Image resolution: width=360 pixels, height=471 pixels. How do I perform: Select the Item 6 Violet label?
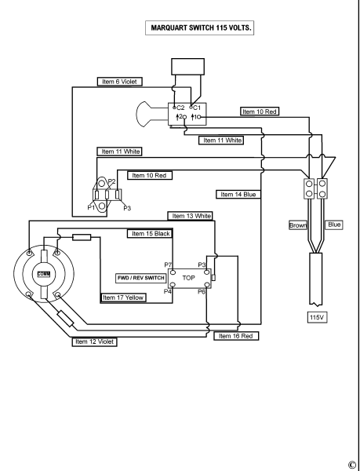coord(119,82)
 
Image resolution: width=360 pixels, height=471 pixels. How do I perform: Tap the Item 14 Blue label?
coord(238,195)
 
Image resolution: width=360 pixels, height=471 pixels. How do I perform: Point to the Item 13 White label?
coord(191,216)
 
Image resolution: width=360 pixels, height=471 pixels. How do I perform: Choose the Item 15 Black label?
coord(150,234)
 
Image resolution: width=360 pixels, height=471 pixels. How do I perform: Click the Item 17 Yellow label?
coord(123,298)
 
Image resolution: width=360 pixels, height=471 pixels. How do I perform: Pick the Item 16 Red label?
coord(236,336)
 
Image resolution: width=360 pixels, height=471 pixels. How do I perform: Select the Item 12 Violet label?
coord(94,341)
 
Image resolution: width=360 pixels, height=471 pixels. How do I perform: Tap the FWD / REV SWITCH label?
coord(141,278)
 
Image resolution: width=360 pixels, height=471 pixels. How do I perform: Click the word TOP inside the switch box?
coord(189,278)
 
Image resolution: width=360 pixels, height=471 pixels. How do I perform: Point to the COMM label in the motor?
coord(44,274)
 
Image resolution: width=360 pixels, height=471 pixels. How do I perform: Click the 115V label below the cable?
coord(317,317)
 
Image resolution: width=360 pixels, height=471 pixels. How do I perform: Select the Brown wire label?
coord(298,225)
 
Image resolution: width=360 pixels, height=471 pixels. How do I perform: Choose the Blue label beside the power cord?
coord(334,225)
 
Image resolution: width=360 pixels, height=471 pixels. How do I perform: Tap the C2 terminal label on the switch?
coord(180,108)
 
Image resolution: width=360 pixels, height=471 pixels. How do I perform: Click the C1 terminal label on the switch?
coord(197,108)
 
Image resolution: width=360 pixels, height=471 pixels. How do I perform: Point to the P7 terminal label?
coord(168,265)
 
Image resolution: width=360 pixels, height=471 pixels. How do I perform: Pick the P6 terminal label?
coord(202,291)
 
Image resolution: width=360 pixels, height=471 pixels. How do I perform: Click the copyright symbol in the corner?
coord(352,465)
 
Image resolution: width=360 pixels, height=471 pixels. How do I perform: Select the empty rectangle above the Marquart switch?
coord(187,67)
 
